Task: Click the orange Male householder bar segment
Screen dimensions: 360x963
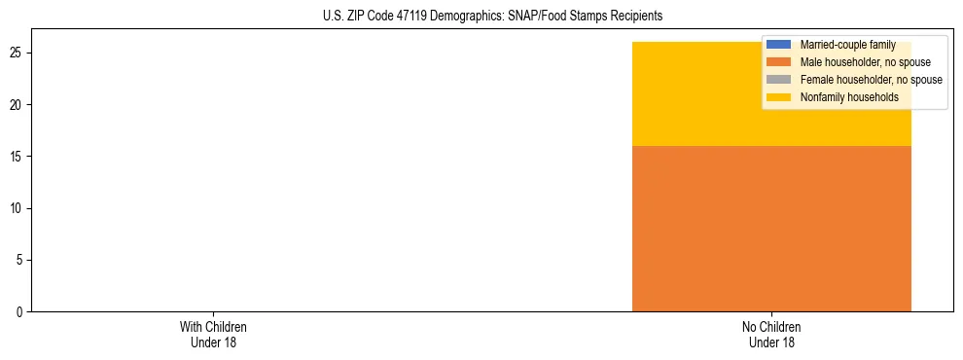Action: [771, 229]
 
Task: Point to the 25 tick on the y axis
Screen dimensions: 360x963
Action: [19, 53]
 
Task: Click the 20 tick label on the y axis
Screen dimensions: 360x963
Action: [19, 104]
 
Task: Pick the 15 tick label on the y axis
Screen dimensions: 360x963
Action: [19, 157]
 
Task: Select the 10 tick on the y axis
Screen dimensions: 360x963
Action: [19, 208]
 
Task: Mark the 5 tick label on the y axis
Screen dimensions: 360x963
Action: [22, 260]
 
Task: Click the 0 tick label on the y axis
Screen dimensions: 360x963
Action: [22, 311]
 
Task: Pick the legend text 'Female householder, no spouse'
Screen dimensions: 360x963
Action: [872, 80]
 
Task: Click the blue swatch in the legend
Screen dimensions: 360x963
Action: [779, 45]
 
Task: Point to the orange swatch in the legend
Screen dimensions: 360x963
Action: [779, 62]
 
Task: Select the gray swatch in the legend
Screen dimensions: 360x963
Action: [779, 80]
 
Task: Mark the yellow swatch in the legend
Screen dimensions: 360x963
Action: [779, 97]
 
